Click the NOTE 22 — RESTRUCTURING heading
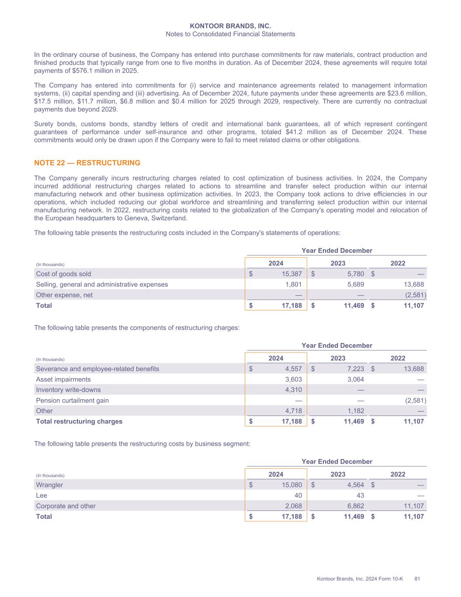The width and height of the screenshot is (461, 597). coord(87,163)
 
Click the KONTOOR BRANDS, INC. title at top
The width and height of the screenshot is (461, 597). coord(230,26)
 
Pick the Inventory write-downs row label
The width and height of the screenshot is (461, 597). coord(68,390)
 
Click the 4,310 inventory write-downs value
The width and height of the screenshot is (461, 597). coord(293,390)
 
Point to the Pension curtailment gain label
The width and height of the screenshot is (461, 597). coord(72,400)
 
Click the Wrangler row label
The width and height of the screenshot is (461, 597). coord(49,485)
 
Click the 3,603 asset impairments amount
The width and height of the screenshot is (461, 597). coord(293,379)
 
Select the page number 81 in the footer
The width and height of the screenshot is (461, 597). coord(417,579)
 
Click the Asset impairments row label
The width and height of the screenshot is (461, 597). coord(63,379)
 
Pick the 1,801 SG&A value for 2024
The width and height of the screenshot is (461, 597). coord(293,284)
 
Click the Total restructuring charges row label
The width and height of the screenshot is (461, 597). coord(79,421)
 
